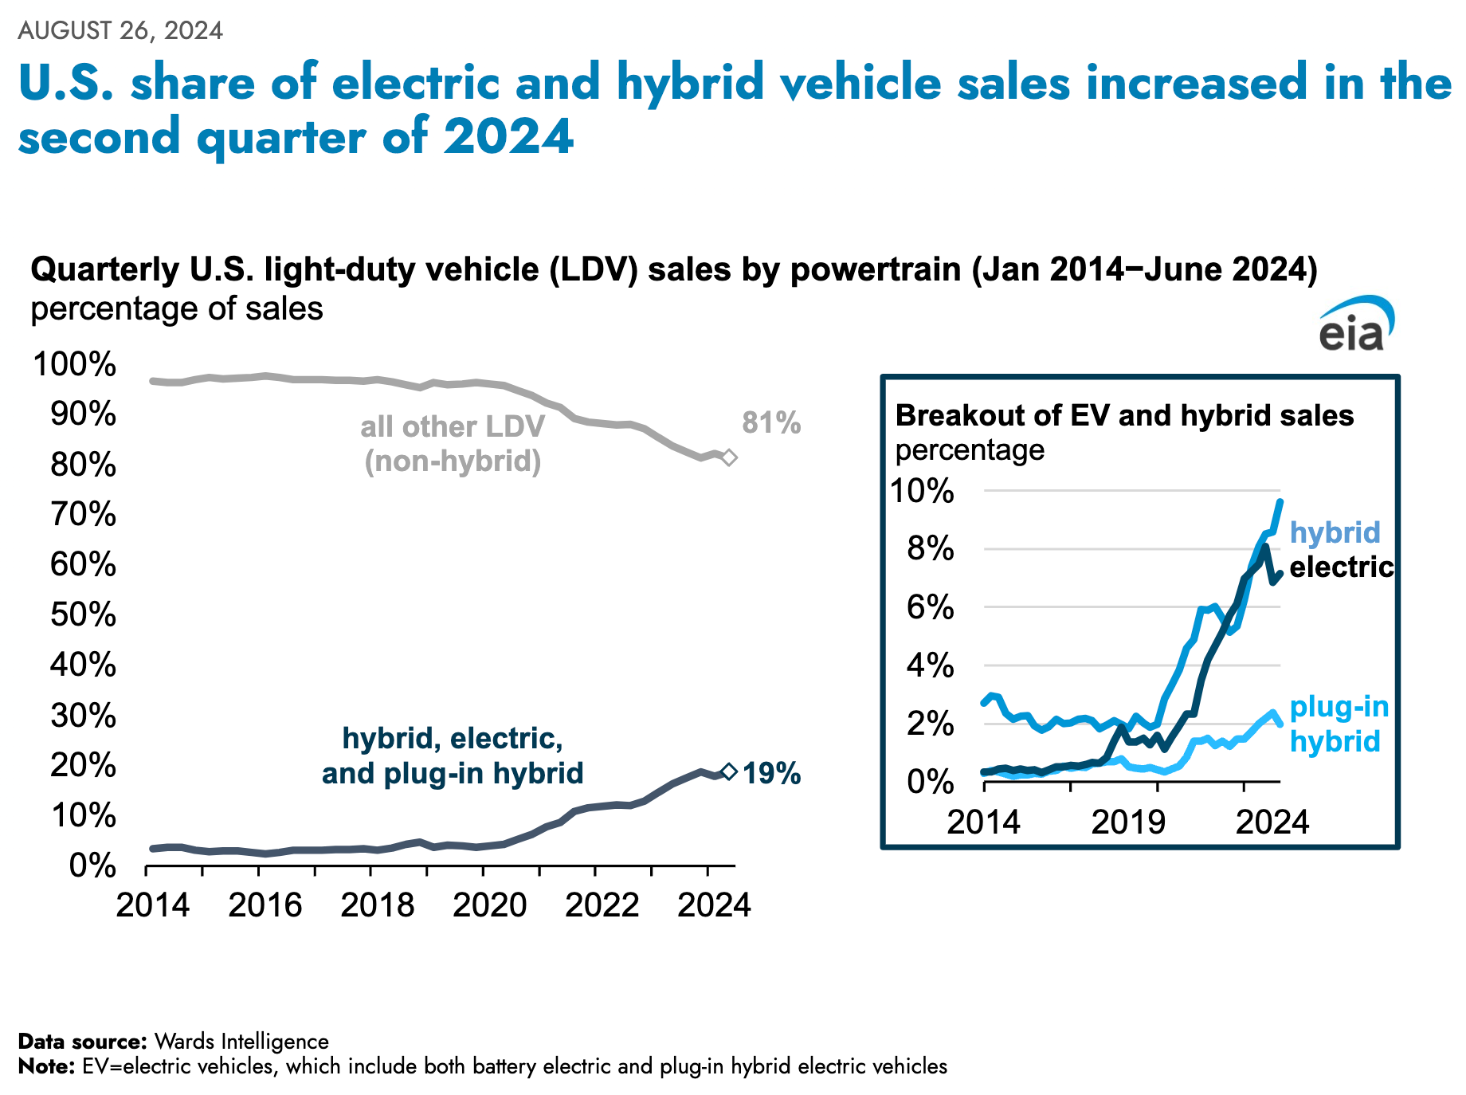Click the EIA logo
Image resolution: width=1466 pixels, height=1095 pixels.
coord(1355,325)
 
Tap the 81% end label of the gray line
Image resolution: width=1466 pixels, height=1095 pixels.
coord(770,423)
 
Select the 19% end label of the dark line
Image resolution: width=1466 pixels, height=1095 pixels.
coord(771,773)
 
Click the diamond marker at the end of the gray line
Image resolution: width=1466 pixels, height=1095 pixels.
coord(728,457)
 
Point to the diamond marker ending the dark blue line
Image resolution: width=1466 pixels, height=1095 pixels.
coord(728,771)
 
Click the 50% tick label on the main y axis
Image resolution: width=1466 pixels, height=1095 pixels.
coord(83,614)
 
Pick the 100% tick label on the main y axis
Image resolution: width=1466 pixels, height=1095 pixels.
coord(74,364)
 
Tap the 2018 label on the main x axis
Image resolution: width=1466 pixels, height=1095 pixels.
coord(377,905)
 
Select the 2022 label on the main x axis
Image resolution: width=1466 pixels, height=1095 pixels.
coord(602,905)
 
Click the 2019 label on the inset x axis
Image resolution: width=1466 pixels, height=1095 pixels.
coord(1127,822)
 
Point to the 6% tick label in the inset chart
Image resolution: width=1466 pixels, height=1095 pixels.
coord(930,607)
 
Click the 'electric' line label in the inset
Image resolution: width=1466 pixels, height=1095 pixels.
coord(1341,567)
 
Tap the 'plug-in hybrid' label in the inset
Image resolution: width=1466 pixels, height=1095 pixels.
coord(1338,724)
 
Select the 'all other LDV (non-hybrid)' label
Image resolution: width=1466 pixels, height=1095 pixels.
coord(453,444)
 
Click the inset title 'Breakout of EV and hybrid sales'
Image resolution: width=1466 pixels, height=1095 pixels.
coord(1124,415)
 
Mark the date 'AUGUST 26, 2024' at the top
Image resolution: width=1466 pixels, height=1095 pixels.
coord(120,30)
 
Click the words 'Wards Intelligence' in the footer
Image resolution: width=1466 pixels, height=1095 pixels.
coord(241,1041)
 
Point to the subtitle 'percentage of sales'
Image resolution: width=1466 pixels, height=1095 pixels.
coord(177,308)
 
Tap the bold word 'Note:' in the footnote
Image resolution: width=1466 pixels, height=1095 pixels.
coord(46,1066)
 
